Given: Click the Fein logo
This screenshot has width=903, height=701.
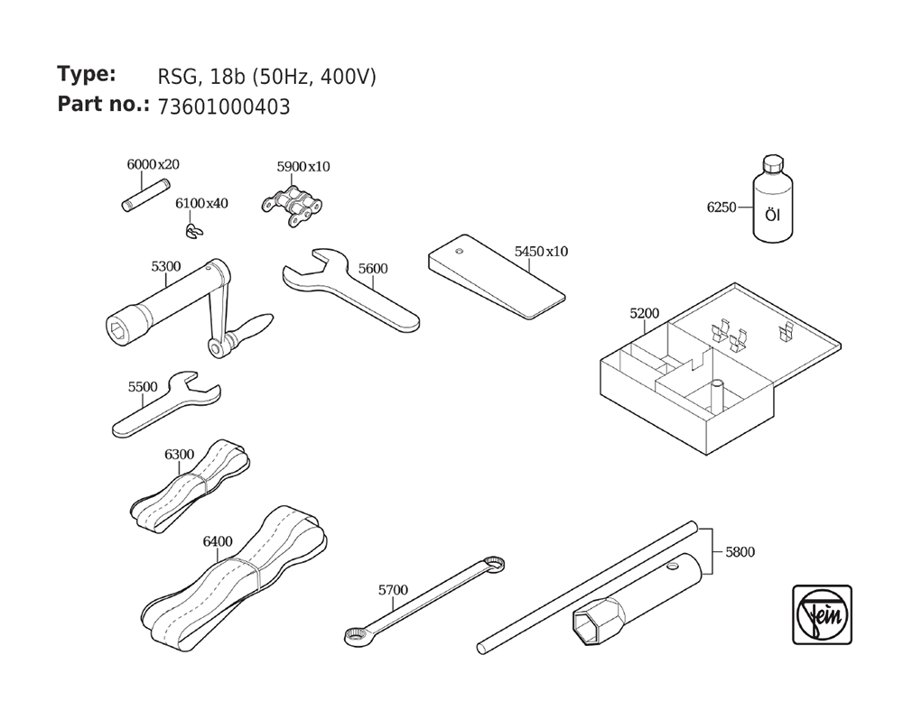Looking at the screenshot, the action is pyautogui.click(x=822, y=614).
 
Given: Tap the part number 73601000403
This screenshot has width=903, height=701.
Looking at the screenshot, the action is pyautogui.click(x=224, y=107).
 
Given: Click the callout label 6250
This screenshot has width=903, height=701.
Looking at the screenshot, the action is pyautogui.click(x=721, y=208).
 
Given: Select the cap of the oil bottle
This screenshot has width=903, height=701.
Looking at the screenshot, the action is pyautogui.click(x=773, y=163).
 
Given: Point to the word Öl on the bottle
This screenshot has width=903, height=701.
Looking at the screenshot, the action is pyautogui.click(x=773, y=216).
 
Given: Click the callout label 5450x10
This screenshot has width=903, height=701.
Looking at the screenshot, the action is pyautogui.click(x=541, y=252).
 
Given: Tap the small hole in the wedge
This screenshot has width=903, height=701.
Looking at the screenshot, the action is pyautogui.click(x=459, y=251).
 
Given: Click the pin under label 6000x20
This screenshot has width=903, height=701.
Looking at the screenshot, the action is pyautogui.click(x=145, y=196).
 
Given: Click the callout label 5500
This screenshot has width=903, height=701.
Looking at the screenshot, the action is pyautogui.click(x=143, y=387).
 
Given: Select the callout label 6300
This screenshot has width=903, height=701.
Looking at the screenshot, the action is pyautogui.click(x=179, y=455).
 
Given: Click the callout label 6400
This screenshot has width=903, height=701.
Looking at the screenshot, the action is pyautogui.click(x=218, y=541).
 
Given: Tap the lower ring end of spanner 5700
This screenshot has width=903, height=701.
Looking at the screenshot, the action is pyautogui.click(x=354, y=636).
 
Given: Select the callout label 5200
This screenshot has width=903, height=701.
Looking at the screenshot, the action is pyautogui.click(x=645, y=314).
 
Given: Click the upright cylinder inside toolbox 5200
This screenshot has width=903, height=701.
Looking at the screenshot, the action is pyautogui.click(x=717, y=396).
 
